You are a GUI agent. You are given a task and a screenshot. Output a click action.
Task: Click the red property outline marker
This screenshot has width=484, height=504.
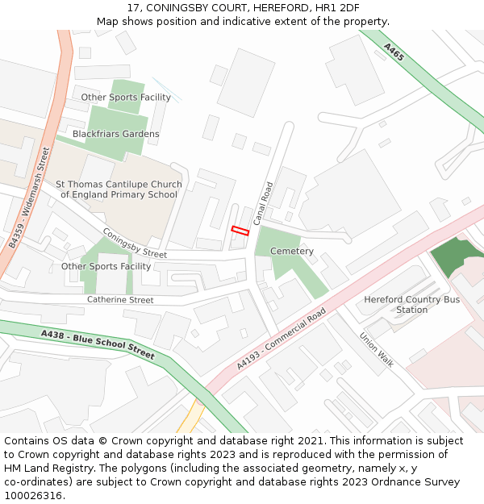coord(240,231)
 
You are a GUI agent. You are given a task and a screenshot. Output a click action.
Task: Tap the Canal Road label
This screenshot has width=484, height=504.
coord(263,203)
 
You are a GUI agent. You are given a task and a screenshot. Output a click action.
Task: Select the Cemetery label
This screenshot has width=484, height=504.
coord(291,252)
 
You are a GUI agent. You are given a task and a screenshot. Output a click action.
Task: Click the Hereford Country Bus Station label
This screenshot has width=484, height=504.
coord(411,304)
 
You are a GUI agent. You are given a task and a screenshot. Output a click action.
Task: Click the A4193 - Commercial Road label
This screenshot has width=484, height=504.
coord(282,339)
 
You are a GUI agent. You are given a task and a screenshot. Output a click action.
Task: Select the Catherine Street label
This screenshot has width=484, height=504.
coord(119,300)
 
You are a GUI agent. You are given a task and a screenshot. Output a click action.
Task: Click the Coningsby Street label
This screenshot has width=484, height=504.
coord(134,244)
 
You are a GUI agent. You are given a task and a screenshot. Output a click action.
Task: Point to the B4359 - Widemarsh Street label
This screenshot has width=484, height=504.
coord(31,197)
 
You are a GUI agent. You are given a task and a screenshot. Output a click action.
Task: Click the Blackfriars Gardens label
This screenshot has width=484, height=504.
coord(115,134)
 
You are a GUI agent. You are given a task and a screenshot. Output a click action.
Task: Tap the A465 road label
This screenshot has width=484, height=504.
coord(394,52)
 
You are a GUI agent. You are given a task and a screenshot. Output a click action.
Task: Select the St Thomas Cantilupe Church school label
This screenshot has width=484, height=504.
coord(119,190)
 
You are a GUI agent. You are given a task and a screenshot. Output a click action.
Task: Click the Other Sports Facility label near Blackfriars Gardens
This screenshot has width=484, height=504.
coord(125,98)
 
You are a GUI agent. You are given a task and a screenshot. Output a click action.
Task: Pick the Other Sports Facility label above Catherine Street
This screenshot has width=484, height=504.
coord(106,266)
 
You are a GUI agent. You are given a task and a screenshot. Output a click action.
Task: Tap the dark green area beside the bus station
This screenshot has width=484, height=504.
coord(457,259)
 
